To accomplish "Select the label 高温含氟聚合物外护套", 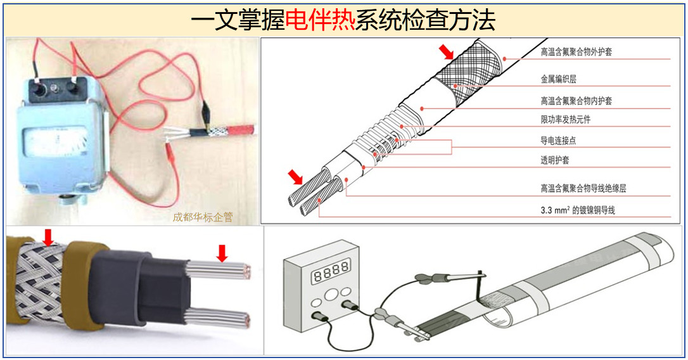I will (x=576, y=53).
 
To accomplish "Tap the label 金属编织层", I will (x=558, y=79).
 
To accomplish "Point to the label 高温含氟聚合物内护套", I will (x=576, y=101).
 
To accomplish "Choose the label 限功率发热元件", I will (x=565, y=120).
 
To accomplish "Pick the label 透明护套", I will (x=554, y=160).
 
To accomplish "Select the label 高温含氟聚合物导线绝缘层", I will (x=583, y=188).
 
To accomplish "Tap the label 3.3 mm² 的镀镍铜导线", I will (x=577, y=210).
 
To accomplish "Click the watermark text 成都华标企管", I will (x=202, y=217).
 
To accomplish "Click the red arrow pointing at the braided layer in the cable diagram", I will (x=447, y=51).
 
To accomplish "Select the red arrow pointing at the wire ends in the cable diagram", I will (x=295, y=176).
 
